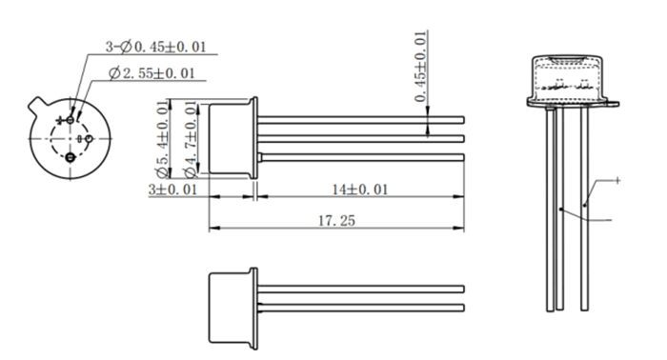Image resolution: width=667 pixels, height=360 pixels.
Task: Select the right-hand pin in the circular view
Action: point(89,138)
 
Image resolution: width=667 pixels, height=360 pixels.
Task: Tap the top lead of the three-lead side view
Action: point(362,119)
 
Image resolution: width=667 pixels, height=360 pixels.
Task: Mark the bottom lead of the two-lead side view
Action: point(362,307)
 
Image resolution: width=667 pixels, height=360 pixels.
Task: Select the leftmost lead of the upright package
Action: point(550,210)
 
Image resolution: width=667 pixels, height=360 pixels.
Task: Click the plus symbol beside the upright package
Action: point(617,180)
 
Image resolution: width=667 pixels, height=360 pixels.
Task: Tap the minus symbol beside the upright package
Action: point(617,220)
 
